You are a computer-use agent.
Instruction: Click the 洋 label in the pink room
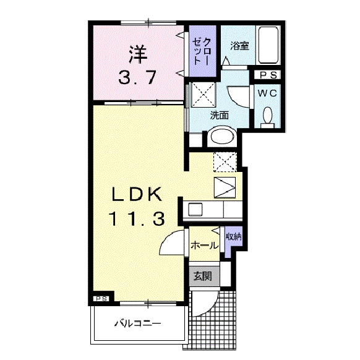[x=138, y=55]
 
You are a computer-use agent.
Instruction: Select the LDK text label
[x=136, y=194]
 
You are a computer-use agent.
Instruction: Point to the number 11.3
[x=136, y=218]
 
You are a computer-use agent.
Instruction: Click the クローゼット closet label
[x=202, y=52]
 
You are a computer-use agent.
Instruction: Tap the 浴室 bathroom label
[x=239, y=46]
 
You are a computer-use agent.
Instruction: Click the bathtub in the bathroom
[x=268, y=45]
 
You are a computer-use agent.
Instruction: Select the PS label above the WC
[x=268, y=75]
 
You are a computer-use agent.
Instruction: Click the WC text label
[x=267, y=93]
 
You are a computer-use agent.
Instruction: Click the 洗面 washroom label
[x=220, y=115]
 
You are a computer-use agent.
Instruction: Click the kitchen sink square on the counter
[x=195, y=210]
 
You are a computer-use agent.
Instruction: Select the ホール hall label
[x=204, y=246]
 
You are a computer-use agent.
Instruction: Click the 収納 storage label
[x=233, y=237]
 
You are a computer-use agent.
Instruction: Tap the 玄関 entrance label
[x=202, y=276]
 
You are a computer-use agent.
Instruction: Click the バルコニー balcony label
[x=138, y=324]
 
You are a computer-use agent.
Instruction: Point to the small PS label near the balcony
[x=101, y=299]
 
